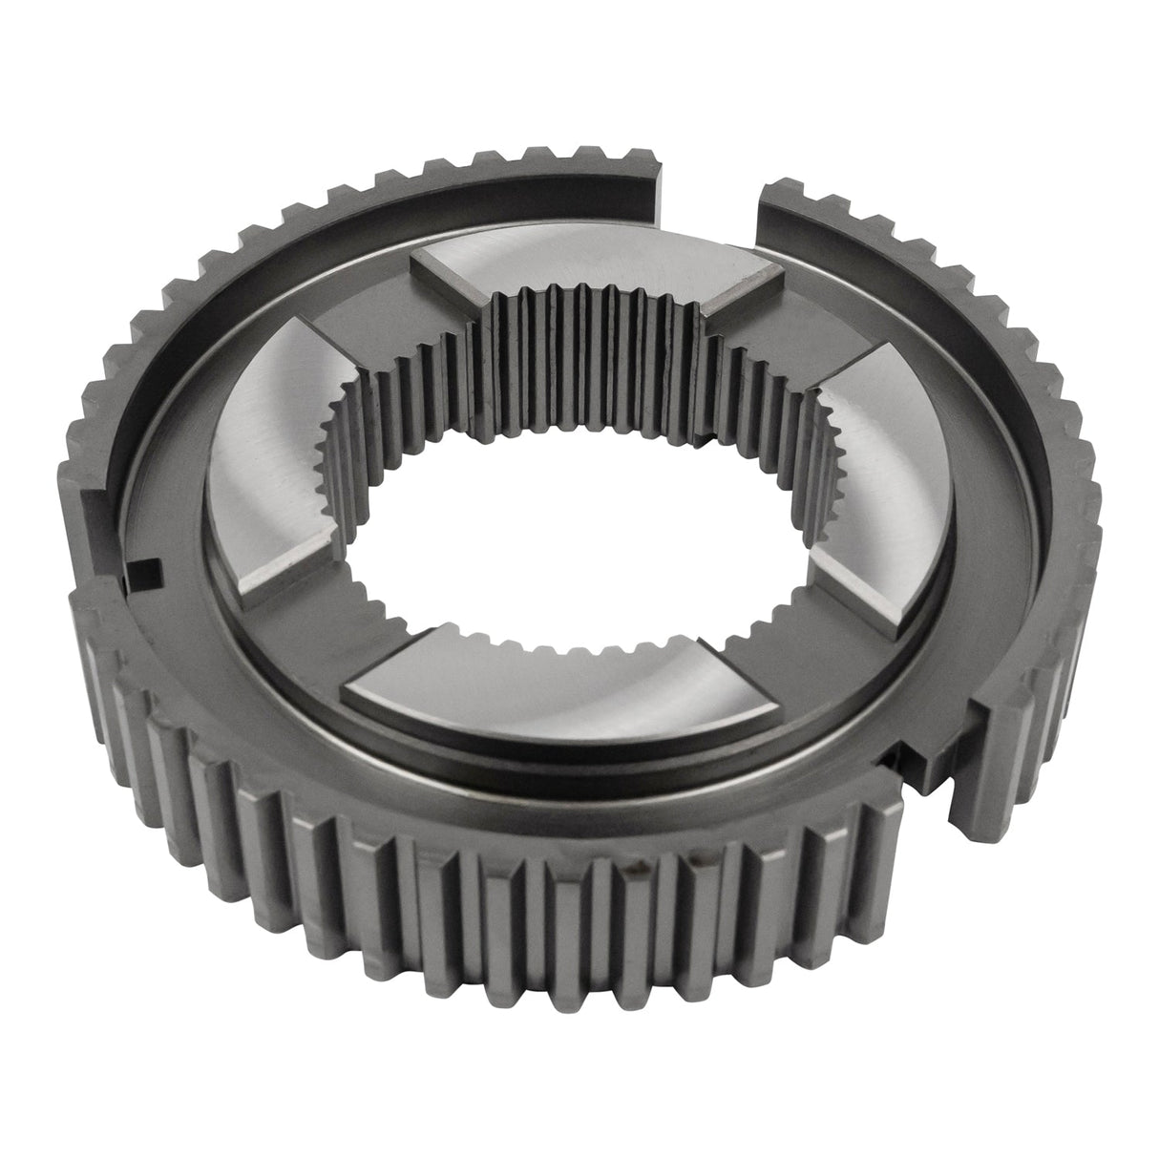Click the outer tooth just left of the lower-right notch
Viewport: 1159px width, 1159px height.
(883, 840)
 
